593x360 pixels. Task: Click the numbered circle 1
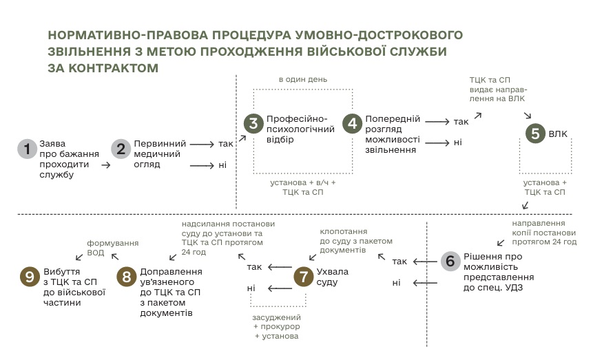click(x=27, y=149)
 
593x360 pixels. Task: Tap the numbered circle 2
click(x=121, y=149)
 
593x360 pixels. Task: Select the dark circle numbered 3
click(x=253, y=124)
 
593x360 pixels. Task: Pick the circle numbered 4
click(x=352, y=124)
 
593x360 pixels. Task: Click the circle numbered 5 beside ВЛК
click(x=535, y=134)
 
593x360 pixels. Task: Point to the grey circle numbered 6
click(x=450, y=261)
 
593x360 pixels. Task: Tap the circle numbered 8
click(x=126, y=276)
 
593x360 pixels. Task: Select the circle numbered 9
click(x=28, y=276)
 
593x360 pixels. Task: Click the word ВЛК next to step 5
click(x=559, y=134)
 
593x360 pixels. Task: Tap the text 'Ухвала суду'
click(x=333, y=277)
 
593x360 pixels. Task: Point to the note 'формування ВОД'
click(x=113, y=248)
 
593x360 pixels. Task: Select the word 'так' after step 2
click(x=226, y=145)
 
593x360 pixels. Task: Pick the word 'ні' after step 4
click(x=457, y=142)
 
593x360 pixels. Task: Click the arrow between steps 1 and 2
click(x=106, y=165)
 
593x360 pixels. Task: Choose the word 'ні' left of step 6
click(x=397, y=282)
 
